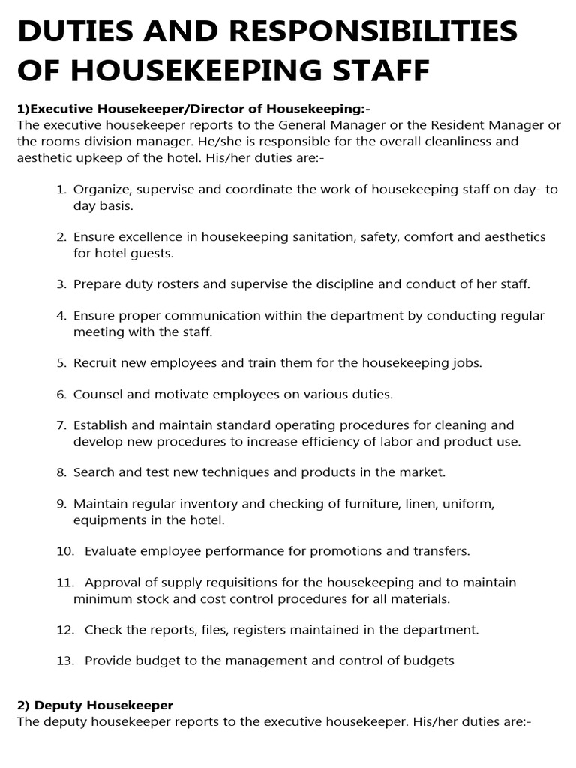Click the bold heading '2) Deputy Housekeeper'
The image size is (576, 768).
point(94,706)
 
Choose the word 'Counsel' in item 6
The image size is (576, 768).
point(97,394)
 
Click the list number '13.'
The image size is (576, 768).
point(65,661)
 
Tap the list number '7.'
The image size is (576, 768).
point(62,425)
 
